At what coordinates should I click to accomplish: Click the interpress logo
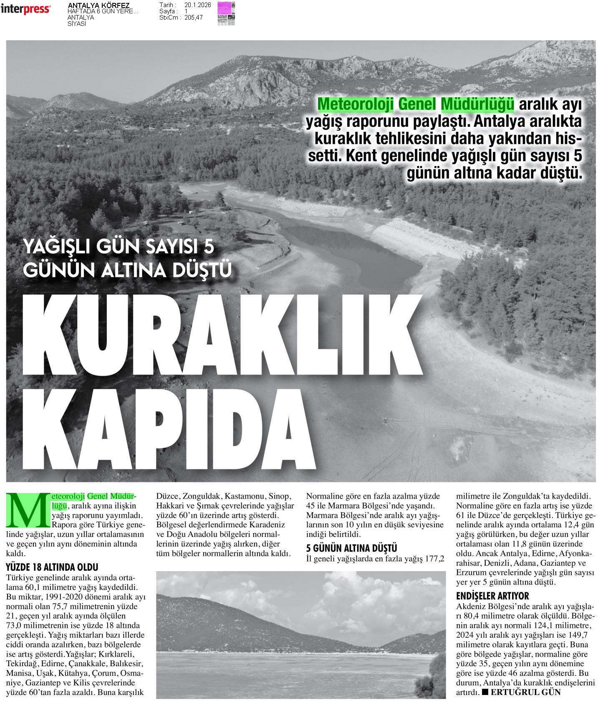[x=25, y=9]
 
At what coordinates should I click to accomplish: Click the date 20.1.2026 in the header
[x=197, y=5]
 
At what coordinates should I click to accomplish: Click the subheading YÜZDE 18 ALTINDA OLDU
[x=52, y=567]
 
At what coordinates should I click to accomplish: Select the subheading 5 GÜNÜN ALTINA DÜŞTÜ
[x=351, y=548]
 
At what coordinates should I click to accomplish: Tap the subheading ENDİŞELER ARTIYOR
[x=492, y=596]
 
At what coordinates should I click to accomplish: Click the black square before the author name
[x=485, y=692]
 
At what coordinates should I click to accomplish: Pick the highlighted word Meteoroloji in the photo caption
[x=356, y=104]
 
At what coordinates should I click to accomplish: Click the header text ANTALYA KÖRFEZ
[x=98, y=5]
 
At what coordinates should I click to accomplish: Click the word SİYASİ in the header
[x=77, y=24]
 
